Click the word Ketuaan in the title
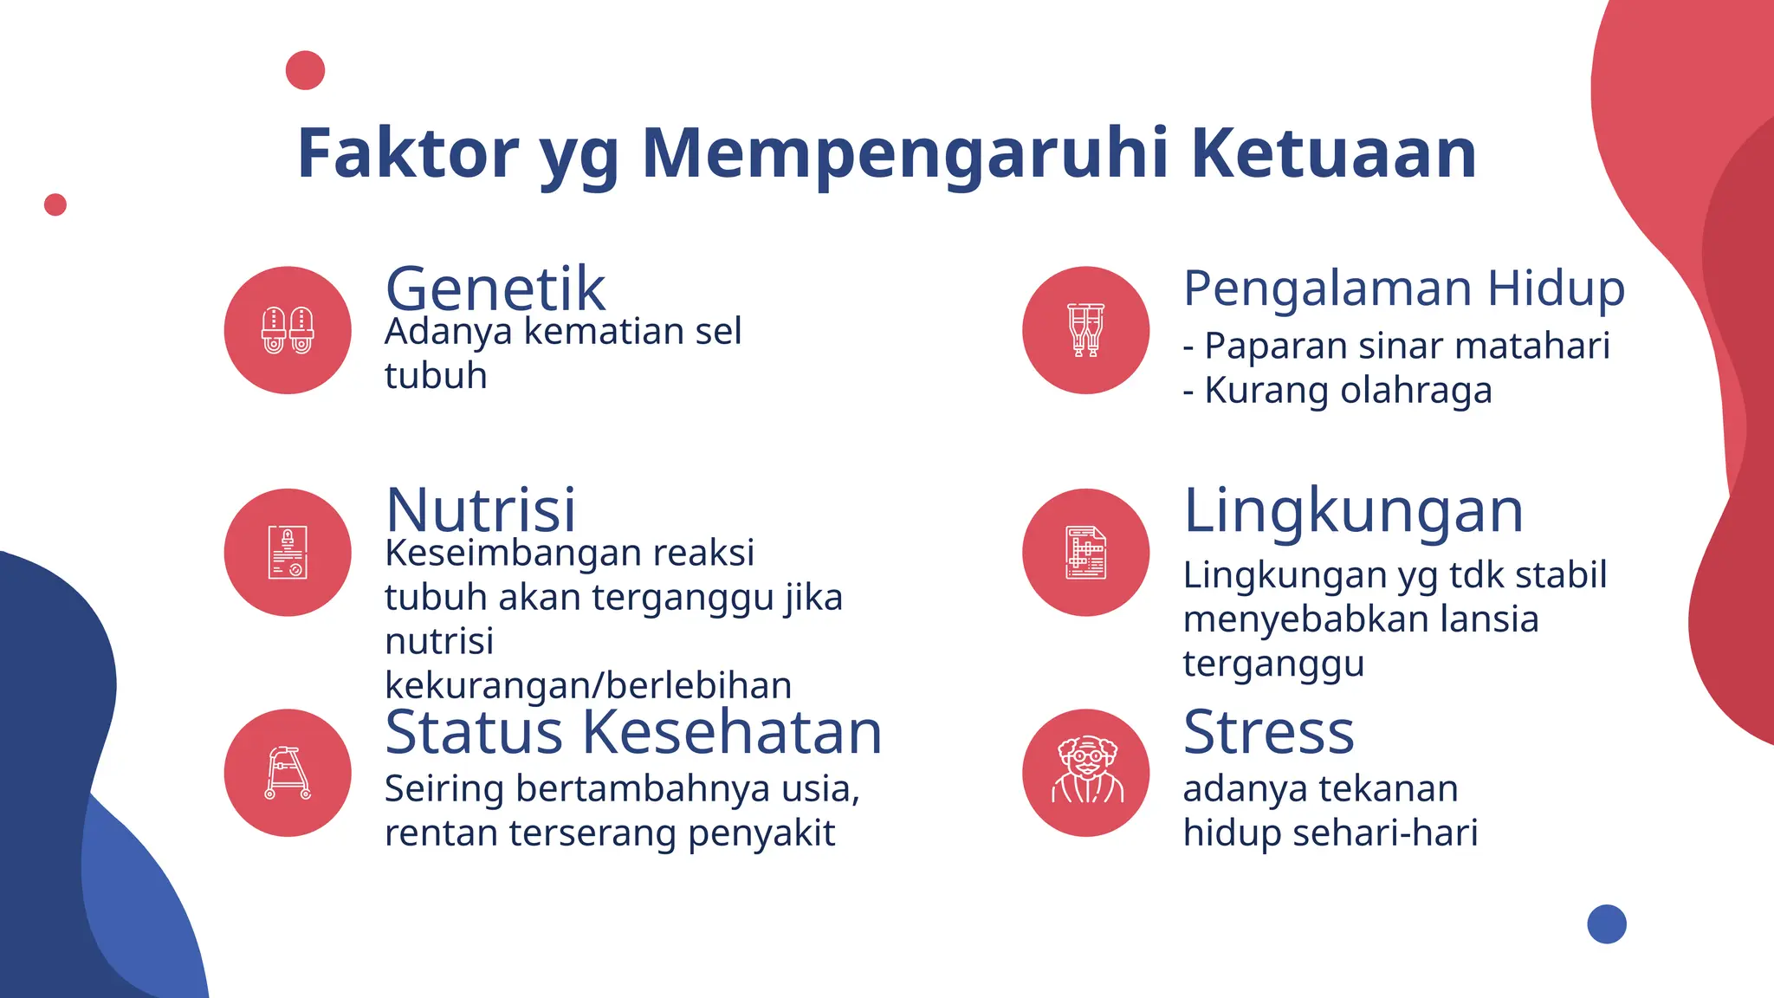point(1333,153)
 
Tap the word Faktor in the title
point(407,153)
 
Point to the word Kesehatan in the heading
point(732,732)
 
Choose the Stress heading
point(1268,732)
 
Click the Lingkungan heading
point(1353,510)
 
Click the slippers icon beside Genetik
point(288,330)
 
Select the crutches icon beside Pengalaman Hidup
point(1085,330)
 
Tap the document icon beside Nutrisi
point(288,553)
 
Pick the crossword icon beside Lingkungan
point(1085,553)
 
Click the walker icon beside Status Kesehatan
point(288,773)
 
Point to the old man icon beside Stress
point(1085,773)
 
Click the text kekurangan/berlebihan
point(588,685)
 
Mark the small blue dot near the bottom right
point(1607,923)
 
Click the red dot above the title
point(305,70)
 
